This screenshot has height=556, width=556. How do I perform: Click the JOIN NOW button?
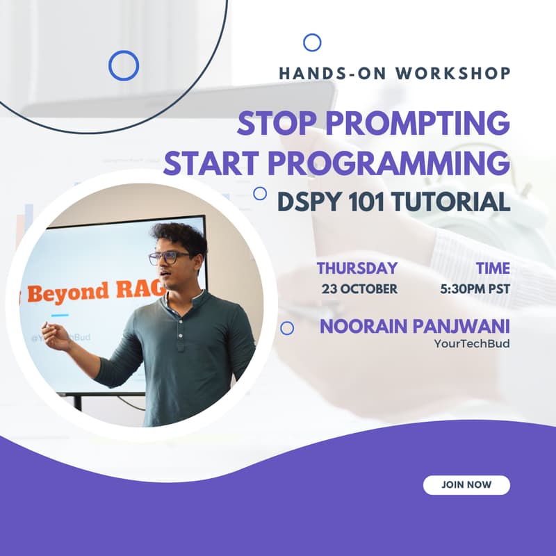click(466, 484)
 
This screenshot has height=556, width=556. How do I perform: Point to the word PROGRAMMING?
click(390, 163)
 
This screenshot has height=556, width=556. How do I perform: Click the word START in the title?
click(213, 163)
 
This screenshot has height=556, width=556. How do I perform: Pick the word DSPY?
click(306, 202)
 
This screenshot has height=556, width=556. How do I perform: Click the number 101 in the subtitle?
click(364, 202)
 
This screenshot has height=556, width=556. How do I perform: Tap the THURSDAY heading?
click(357, 268)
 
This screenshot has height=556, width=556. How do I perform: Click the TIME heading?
click(493, 268)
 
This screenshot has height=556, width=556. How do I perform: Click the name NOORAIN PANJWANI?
click(415, 326)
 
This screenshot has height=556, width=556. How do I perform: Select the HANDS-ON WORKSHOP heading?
click(395, 73)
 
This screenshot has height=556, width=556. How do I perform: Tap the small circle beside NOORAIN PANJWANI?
click(286, 328)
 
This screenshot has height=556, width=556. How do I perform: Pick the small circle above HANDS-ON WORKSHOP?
click(312, 42)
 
